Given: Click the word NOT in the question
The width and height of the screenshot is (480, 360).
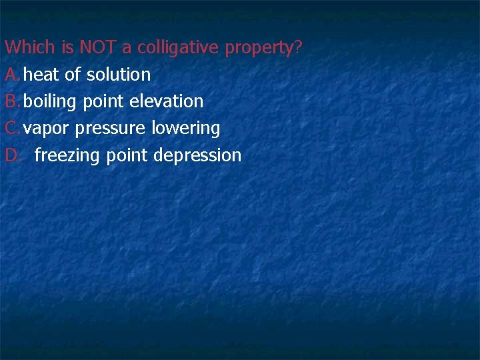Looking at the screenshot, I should pyautogui.click(x=96, y=48).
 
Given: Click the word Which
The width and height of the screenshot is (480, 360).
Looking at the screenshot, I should pyautogui.click(x=30, y=48).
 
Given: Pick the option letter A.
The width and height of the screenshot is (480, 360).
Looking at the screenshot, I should pyautogui.click(x=11, y=75).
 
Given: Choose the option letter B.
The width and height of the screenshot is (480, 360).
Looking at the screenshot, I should pyautogui.click(x=11, y=101).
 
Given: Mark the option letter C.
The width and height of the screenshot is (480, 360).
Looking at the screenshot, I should pyautogui.click(x=11, y=128).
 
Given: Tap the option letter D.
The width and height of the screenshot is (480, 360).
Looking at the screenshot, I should pyautogui.click(x=13, y=155).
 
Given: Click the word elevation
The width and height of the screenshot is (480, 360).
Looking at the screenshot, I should pyautogui.click(x=167, y=101).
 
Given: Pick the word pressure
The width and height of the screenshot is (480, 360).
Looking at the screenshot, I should pyautogui.click(x=108, y=129).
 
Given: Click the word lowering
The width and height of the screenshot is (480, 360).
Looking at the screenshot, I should pyautogui.click(x=186, y=129).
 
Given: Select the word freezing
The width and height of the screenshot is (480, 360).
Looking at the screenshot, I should pyautogui.click(x=67, y=156).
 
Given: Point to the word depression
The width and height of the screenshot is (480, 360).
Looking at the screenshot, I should pyautogui.click(x=197, y=156).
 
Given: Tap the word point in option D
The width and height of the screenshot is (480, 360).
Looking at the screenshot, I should pyautogui.click(x=127, y=156).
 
